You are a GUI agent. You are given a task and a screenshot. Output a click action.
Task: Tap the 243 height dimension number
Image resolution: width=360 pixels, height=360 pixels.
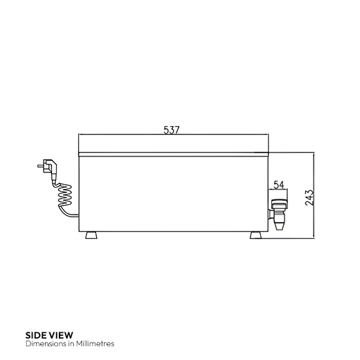[309, 197]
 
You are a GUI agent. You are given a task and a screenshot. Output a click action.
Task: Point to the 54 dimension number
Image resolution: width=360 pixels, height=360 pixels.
[278, 185]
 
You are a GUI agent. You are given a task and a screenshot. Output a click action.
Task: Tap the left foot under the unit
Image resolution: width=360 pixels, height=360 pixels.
[91, 235]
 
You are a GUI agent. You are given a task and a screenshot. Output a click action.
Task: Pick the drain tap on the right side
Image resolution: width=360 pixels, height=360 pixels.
[278, 211]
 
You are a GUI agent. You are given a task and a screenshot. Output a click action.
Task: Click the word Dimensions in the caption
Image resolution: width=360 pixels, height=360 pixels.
[44, 343]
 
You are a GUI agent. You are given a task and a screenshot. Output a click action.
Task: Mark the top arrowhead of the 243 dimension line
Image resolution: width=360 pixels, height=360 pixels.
[316, 154]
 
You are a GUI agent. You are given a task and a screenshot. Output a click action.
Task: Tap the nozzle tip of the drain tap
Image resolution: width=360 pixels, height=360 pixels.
[278, 227]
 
